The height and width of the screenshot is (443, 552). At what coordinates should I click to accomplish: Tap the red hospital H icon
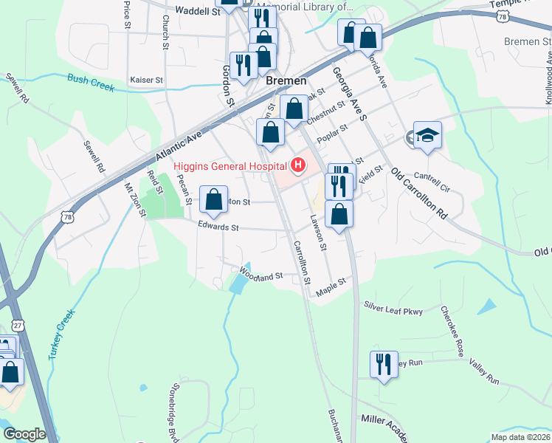(x=299, y=165)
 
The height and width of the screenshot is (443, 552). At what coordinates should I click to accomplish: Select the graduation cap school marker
(x=427, y=136)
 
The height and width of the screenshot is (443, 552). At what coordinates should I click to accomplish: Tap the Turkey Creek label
(x=63, y=333)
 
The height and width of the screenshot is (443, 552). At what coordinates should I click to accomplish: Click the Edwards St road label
(x=218, y=227)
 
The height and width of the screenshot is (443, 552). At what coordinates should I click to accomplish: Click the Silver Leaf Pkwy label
(x=393, y=309)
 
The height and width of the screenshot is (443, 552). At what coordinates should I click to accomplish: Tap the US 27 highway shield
(x=18, y=324)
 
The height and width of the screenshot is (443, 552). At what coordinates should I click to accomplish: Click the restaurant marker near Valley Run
(x=384, y=365)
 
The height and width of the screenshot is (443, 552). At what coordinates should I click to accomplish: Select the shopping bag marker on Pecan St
(x=213, y=200)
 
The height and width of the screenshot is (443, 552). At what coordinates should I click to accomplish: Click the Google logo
(x=24, y=434)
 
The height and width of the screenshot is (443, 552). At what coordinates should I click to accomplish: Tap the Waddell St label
(x=199, y=11)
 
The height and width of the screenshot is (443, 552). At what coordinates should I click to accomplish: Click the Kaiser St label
(x=145, y=79)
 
